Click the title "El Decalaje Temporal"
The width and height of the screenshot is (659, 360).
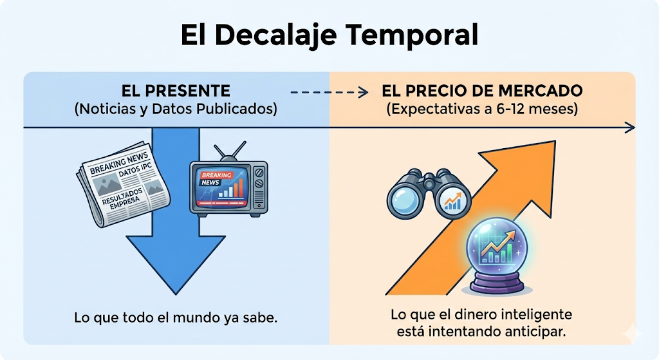tap(329, 35)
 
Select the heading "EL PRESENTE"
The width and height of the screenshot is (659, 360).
tap(175, 91)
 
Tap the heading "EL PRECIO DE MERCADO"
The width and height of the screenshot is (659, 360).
tap(482, 91)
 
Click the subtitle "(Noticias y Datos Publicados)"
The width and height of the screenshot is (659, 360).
tap(176, 109)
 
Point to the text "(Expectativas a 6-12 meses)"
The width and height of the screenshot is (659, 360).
tap(482, 109)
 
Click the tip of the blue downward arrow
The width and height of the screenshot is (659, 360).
tap(175, 290)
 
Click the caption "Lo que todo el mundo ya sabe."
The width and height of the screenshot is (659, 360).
tap(175, 319)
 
